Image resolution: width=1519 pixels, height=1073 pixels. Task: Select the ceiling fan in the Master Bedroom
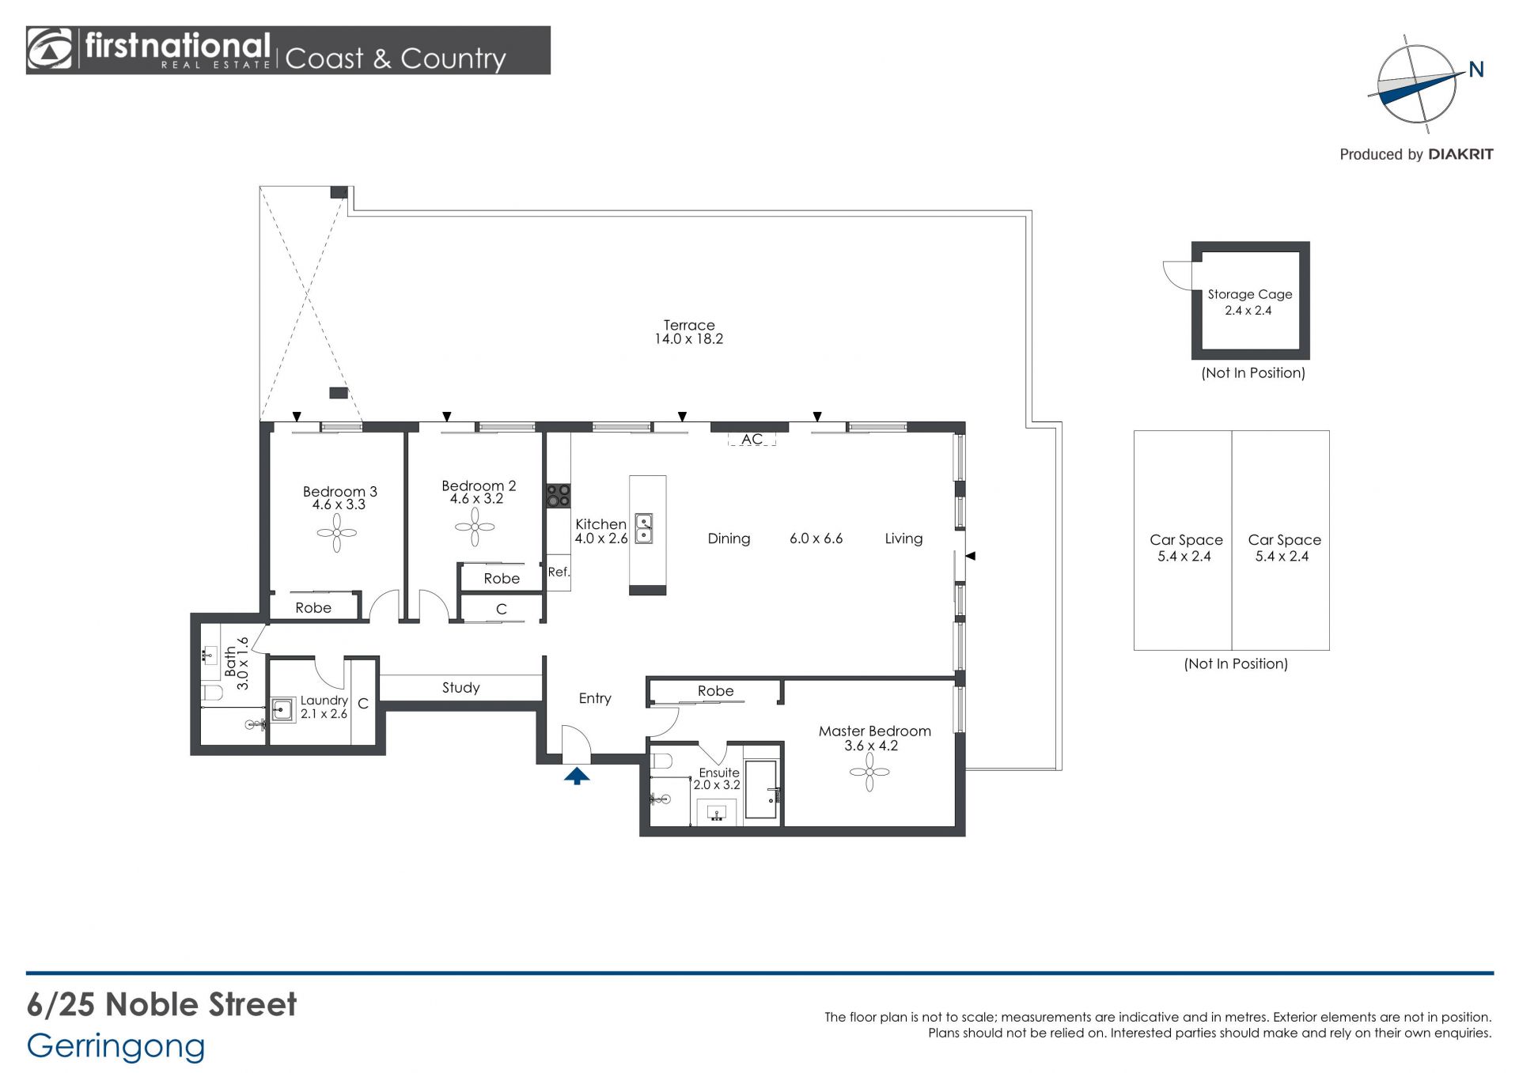pos(869,771)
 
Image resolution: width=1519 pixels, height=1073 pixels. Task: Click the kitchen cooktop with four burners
pos(559,496)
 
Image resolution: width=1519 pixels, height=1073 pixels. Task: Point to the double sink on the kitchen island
pos(644,528)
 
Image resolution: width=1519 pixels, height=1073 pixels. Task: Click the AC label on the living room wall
pos(752,439)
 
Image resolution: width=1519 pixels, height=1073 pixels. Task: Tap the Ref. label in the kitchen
pos(559,572)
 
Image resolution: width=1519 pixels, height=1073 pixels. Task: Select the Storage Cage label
pos(1250,294)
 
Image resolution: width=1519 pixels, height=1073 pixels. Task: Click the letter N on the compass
pos(1476,70)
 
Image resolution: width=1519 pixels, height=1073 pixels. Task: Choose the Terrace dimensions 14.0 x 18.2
pos(688,339)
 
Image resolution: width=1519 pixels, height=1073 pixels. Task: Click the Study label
pos(461,688)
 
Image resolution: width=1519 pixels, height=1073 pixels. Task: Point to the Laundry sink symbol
pos(282,709)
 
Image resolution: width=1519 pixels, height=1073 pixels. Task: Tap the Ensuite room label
pos(719,773)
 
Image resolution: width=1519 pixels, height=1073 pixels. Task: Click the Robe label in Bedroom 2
pos(502,579)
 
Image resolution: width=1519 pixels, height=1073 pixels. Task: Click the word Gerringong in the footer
pos(116,1047)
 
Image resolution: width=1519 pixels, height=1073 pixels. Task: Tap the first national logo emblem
pos(49,50)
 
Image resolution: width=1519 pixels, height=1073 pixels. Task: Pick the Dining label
pos(729,538)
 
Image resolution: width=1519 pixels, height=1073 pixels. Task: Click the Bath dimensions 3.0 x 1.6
pos(243,663)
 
